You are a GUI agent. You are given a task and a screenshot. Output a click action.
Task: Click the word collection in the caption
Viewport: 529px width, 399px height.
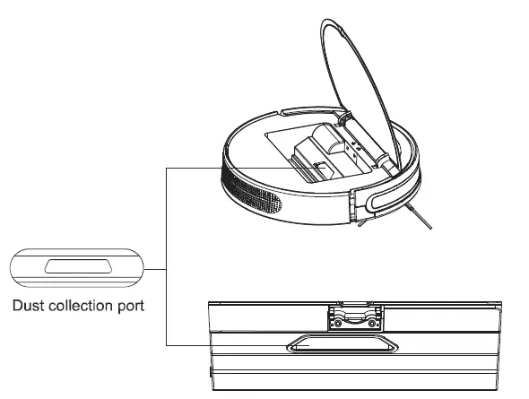coord(84,307)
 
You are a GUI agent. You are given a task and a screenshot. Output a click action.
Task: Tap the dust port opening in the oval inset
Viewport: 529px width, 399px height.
coord(77,266)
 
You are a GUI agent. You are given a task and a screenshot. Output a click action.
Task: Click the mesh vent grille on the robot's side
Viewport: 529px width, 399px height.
coord(256,190)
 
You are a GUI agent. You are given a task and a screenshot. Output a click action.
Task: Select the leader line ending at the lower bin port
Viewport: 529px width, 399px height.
coord(224,343)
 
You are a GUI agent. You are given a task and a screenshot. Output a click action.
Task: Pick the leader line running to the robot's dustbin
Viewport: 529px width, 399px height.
coord(233,166)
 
